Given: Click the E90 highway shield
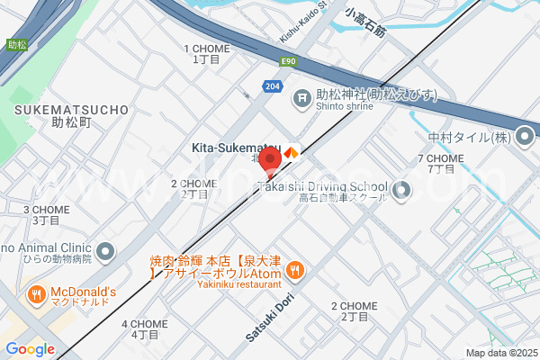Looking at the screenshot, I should coord(288,61).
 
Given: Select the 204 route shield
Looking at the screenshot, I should coord(271,85).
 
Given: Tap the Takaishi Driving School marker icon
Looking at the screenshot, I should coord(401,190).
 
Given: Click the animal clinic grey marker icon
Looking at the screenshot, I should coord(106,250).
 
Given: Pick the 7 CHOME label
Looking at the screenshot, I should coord(440,158).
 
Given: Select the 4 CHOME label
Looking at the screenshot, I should coord(145,324).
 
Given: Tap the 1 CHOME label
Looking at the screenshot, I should coord(207,49).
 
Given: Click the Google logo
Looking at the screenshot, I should coord(30,349).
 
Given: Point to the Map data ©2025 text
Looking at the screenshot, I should coord(500,353).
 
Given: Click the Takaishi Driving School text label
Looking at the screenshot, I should coord(322,187).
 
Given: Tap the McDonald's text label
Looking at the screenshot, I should coord(84,292).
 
